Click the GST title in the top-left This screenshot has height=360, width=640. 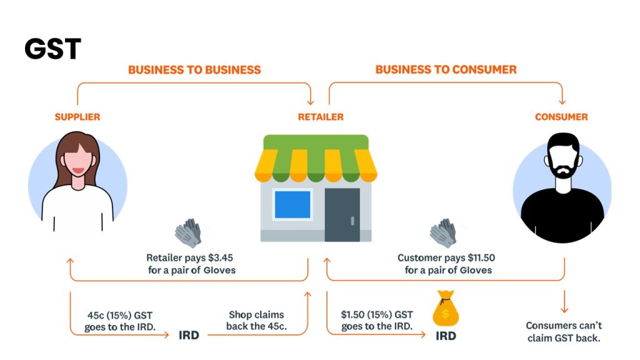[53, 49]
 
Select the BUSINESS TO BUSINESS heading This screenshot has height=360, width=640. [194, 69]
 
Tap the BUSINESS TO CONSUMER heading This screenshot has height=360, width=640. [446, 69]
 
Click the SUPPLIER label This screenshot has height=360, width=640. [77, 117]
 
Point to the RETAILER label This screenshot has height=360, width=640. [320, 117]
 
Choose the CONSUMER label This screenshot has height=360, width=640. [561, 117]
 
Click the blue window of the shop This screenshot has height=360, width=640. [292, 204]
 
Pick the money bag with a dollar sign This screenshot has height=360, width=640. [445, 308]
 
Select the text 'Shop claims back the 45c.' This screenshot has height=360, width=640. [256, 320]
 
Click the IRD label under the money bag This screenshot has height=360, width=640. [445, 336]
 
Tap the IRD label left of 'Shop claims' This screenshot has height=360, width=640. [189, 336]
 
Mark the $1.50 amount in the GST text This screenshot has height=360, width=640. [354, 314]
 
